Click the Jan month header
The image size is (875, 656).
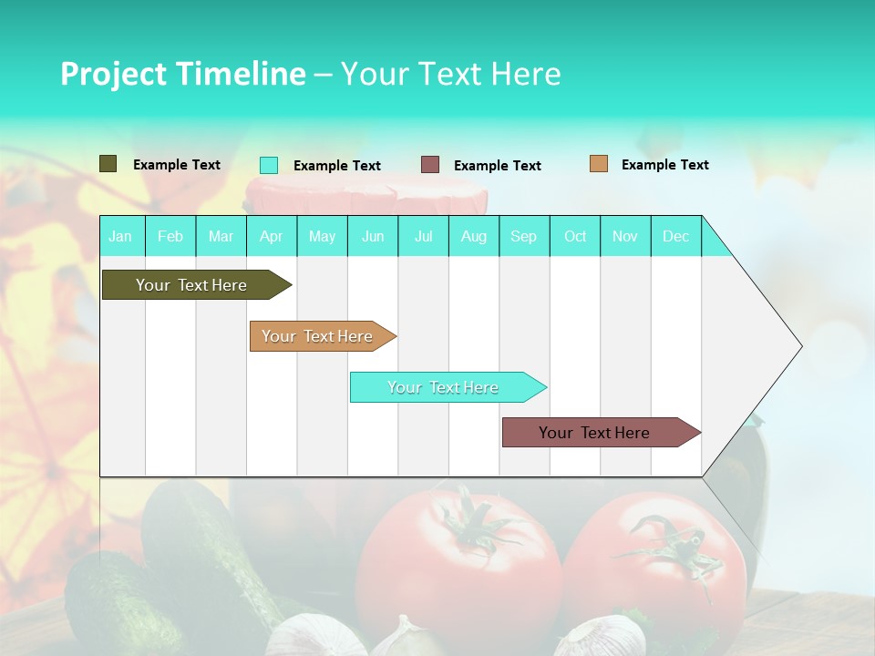pyautogui.click(x=120, y=236)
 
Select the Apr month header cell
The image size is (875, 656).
pyautogui.click(x=271, y=236)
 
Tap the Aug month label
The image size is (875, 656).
pyautogui.click(x=473, y=236)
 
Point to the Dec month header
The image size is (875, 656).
pyautogui.click(x=675, y=236)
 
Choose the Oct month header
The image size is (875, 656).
pyautogui.click(x=575, y=236)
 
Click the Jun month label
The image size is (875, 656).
pyautogui.click(x=373, y=236)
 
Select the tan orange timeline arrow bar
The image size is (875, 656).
pyautogui.click(x=319, y=336)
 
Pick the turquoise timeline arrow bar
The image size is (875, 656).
pyautogui.click(x=444, y=387)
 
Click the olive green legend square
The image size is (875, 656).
pyautogui.click(x=108, y=164)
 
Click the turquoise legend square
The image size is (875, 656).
pyautogui.click(x=269, y=165)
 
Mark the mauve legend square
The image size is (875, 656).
pyautogui.click(x=430, y=165)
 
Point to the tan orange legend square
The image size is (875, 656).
pyautogui.click(x=598, y=164)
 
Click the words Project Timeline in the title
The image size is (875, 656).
pyautogui.click(x=182, y=74)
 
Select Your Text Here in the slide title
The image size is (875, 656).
pyautogui.click(x=451, y=74)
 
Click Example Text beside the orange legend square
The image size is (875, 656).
pyautogui.click(x=664, y=164)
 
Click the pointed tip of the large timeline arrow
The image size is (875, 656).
pyautogui.click(x=800, y=346)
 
